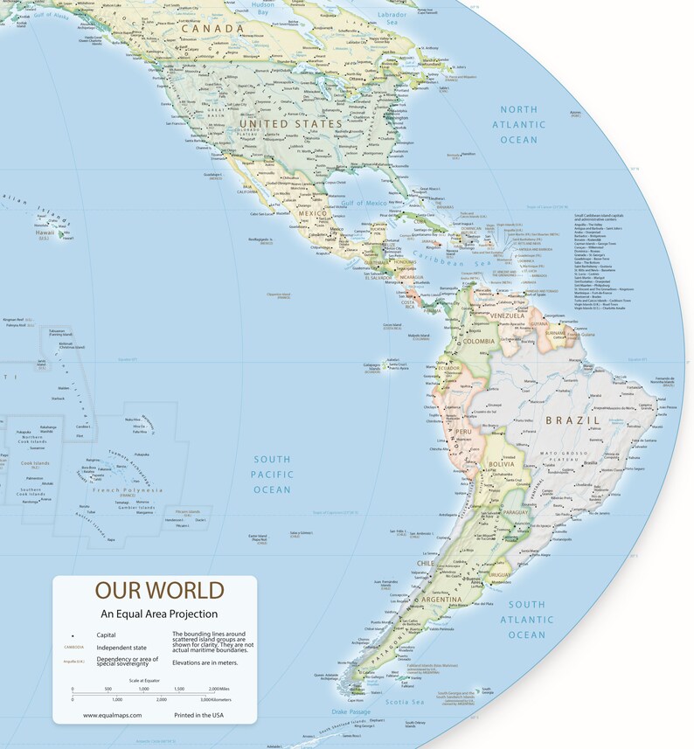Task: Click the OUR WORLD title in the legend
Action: [159, 590]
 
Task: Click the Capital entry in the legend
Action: [107, 634]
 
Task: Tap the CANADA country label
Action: [212, 29]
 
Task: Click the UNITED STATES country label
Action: [292, 125]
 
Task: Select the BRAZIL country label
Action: [573, 420]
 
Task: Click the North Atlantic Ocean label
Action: [518, 124]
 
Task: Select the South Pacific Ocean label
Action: [272, 475]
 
